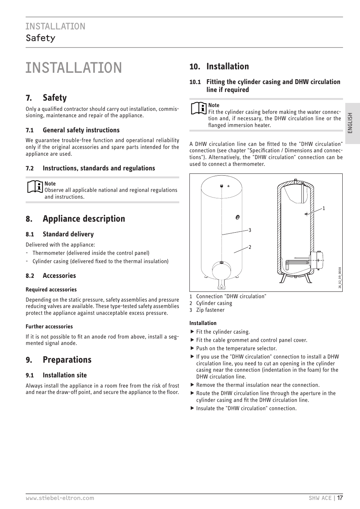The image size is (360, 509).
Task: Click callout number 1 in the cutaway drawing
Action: point(323,209)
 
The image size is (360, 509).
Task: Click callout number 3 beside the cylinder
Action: point(250,230)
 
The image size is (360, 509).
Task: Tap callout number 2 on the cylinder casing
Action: point(250,247)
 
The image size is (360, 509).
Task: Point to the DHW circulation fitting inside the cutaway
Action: point(306,214)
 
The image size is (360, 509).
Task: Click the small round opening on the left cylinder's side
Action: point(237,217)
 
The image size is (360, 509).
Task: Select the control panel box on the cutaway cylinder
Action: point(315,261)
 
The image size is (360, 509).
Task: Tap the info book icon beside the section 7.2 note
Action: point(35,187)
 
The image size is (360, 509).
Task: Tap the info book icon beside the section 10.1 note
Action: point(198,109)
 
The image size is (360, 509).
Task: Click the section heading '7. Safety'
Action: point(46,98)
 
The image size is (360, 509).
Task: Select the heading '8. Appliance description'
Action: point(75,219)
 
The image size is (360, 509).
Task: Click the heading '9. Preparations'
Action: point(58,360)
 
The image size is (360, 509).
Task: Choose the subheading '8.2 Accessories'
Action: point(51,276)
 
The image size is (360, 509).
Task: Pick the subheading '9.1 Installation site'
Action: point(56,375)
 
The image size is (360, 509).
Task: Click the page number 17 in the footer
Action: point(340,498)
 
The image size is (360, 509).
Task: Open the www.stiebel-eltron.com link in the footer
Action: point(60,498)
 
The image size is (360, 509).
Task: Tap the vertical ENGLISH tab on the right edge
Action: point(350,123)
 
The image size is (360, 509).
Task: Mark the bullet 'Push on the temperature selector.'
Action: point(236,348)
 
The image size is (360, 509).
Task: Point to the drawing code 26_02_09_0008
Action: point(340,278)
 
